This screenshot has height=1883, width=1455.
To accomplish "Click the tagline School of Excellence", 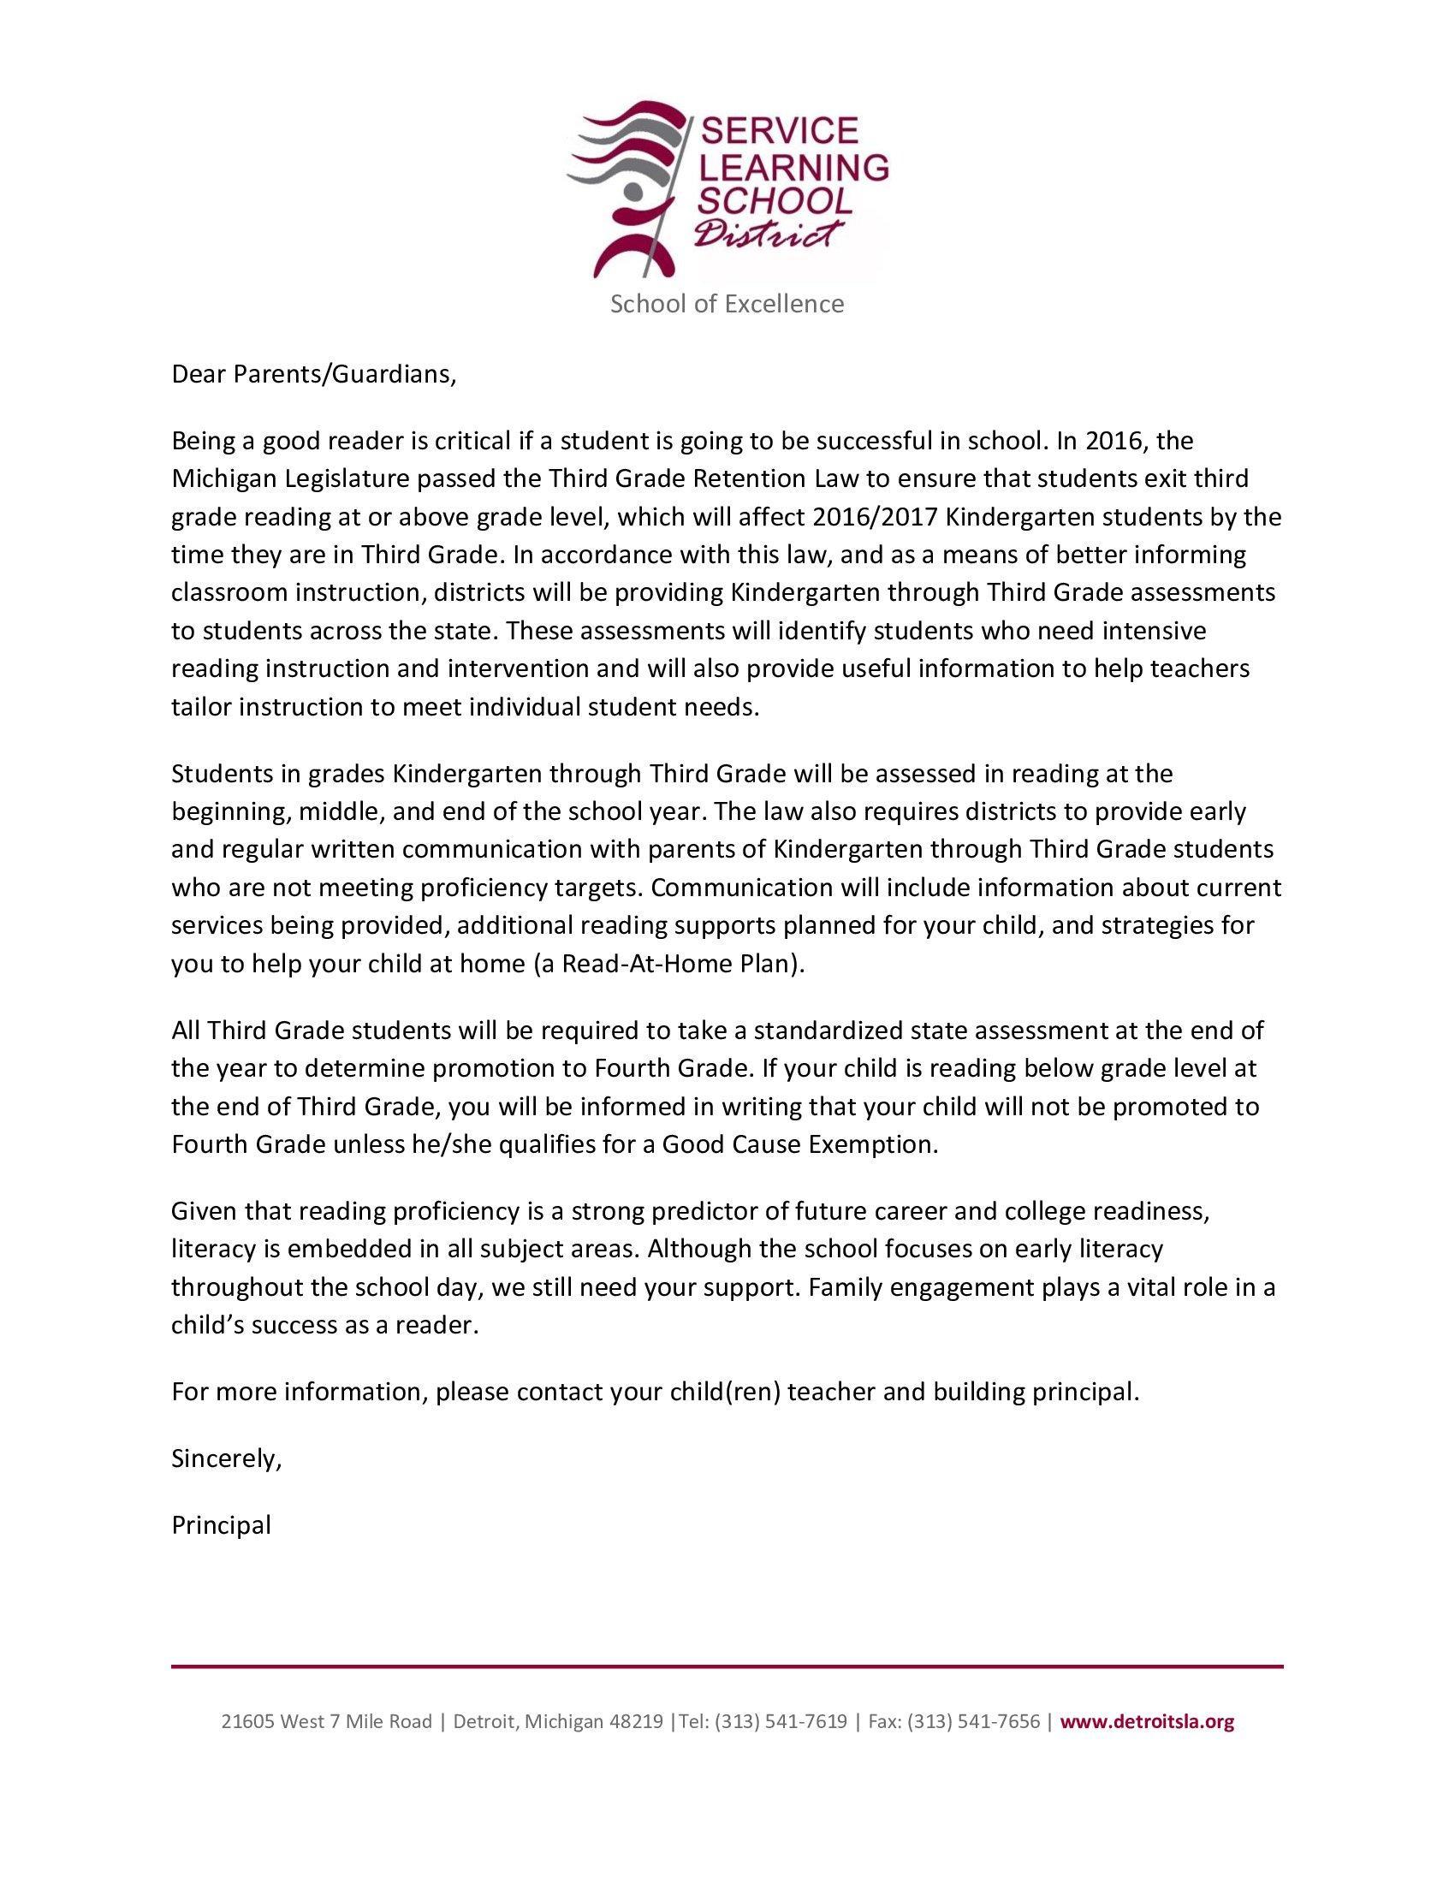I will [727, 304].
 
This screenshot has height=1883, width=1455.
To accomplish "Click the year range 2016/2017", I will [879, 516].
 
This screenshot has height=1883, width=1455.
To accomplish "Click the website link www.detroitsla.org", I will [1146, 1722].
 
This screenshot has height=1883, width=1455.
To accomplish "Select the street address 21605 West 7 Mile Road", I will [327, 1722].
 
